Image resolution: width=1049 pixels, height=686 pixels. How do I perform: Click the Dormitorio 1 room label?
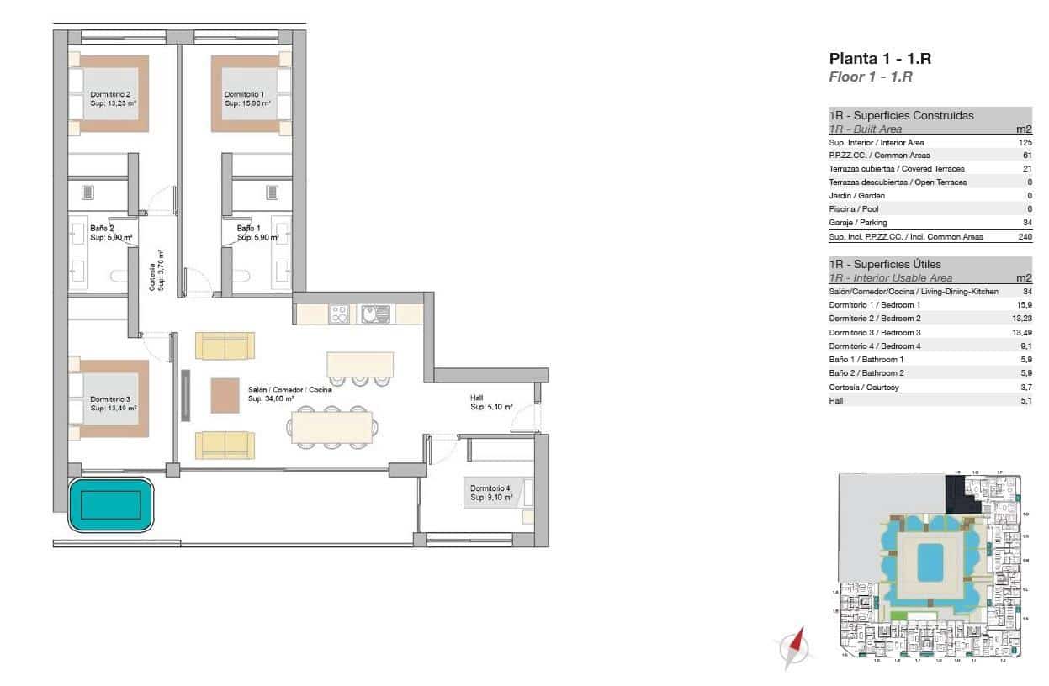246,99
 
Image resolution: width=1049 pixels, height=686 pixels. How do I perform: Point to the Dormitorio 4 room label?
490,492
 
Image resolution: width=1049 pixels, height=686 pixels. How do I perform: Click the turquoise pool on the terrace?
111,505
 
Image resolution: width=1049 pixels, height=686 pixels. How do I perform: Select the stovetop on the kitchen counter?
340,314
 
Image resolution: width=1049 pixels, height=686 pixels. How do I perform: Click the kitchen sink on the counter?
375,314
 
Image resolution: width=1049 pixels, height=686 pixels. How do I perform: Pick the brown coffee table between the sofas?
225,395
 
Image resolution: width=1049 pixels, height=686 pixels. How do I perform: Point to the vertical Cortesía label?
156,271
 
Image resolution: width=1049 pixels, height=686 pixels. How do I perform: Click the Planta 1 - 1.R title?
880,59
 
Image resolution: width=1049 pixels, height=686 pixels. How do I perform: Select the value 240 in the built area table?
1025,237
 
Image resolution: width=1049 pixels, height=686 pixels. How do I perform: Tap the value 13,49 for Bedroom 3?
1021,332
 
